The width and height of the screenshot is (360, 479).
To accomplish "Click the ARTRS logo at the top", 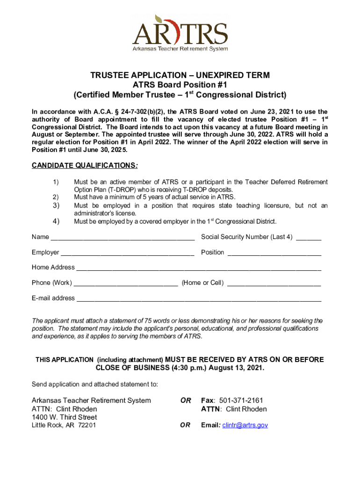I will [x=180, y=33].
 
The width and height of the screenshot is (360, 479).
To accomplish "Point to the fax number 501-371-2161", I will [x=239, y=400].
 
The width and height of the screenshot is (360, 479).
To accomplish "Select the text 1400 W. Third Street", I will [x=65, y=417].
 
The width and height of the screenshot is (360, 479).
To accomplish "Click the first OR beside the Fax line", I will [x=186, y=400].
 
